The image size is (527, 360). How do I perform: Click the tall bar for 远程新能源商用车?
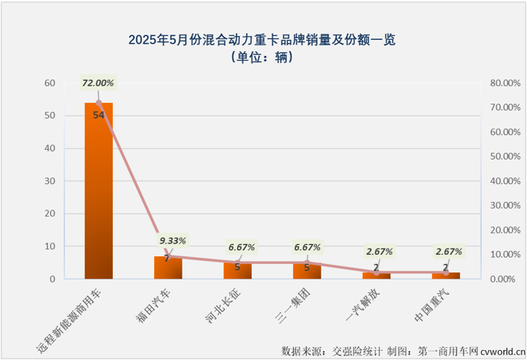pyautogui.click(x=98, y=192)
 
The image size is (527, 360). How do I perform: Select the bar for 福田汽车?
pyautogui.click(x=168, y=268)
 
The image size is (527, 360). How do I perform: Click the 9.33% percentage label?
pyautogui.click(x=173, y=241)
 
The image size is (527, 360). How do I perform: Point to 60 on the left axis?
pyautogui.click(x=50, y=83)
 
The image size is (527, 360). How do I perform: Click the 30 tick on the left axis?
pyautogui.click(x=50, y=181)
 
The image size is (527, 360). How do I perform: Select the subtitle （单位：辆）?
pyautogui.click(x=263, y=57)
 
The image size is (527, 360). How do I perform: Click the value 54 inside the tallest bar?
pyautogui.click(x=98, y=115)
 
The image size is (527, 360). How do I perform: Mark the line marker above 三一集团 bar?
pyautogui.click(x=307, y=263)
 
